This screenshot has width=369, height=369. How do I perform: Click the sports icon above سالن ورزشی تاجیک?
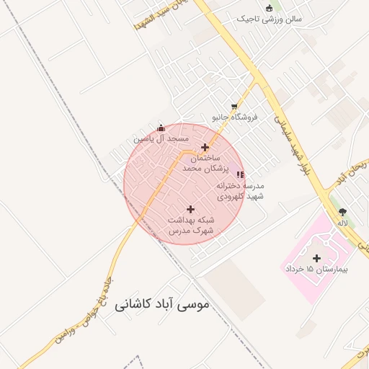coord(270,8)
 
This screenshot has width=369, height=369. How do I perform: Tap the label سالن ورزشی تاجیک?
coord(270,19)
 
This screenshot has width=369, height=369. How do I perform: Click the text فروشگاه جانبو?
coord(234,117)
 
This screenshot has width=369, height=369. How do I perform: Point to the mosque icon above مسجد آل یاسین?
coord(160,128)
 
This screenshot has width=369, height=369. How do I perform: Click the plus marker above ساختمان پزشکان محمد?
coord(205,146)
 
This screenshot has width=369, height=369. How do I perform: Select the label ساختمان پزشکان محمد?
coord(205,162)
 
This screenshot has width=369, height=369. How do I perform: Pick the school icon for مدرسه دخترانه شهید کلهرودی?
coord(240,174)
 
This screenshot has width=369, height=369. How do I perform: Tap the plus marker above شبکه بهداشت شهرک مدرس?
coord(190,209)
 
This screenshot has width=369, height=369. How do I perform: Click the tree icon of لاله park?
coord(342,212)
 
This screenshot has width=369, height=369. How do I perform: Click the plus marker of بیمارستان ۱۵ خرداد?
coord(316,257)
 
